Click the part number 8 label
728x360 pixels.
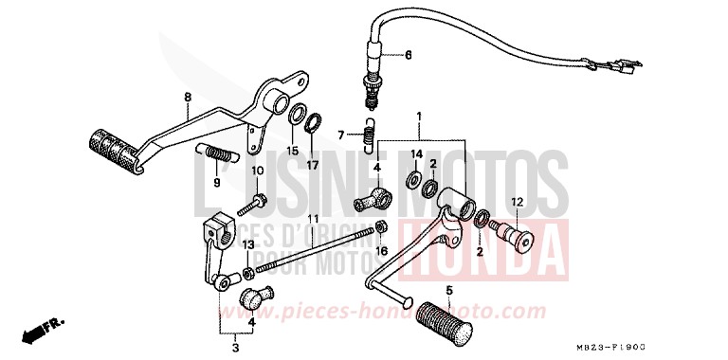[x=187, y=97]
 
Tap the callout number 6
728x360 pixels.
[x=409, y=55]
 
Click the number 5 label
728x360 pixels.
[x=449, y=290]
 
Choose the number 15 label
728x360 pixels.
[x=293, y=150]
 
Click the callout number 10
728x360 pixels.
[x=255, y=170]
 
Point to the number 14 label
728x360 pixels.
[x=415, y=153]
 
